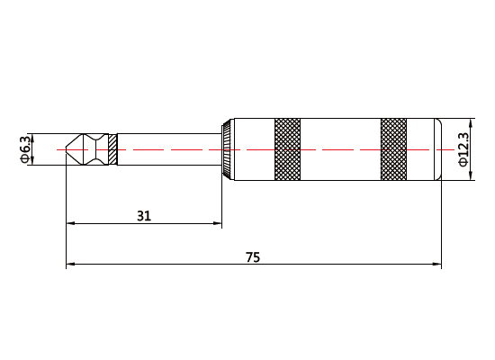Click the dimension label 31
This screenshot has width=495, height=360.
tap(144, 216)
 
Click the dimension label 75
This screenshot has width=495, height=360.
tap(253, 257)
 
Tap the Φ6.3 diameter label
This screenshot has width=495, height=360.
tap(26, 149)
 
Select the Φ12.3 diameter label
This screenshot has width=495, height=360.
tap(463, 149)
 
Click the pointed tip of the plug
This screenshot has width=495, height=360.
tap(66, 149)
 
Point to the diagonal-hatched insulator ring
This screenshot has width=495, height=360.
tap(112, 149)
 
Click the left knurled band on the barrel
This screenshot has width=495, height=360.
tap(287, 149)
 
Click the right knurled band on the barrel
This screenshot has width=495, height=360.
tap(393, 149)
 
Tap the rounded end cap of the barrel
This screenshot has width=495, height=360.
tap(438, 149)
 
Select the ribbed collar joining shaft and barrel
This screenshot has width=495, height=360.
tap(228, 149)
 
